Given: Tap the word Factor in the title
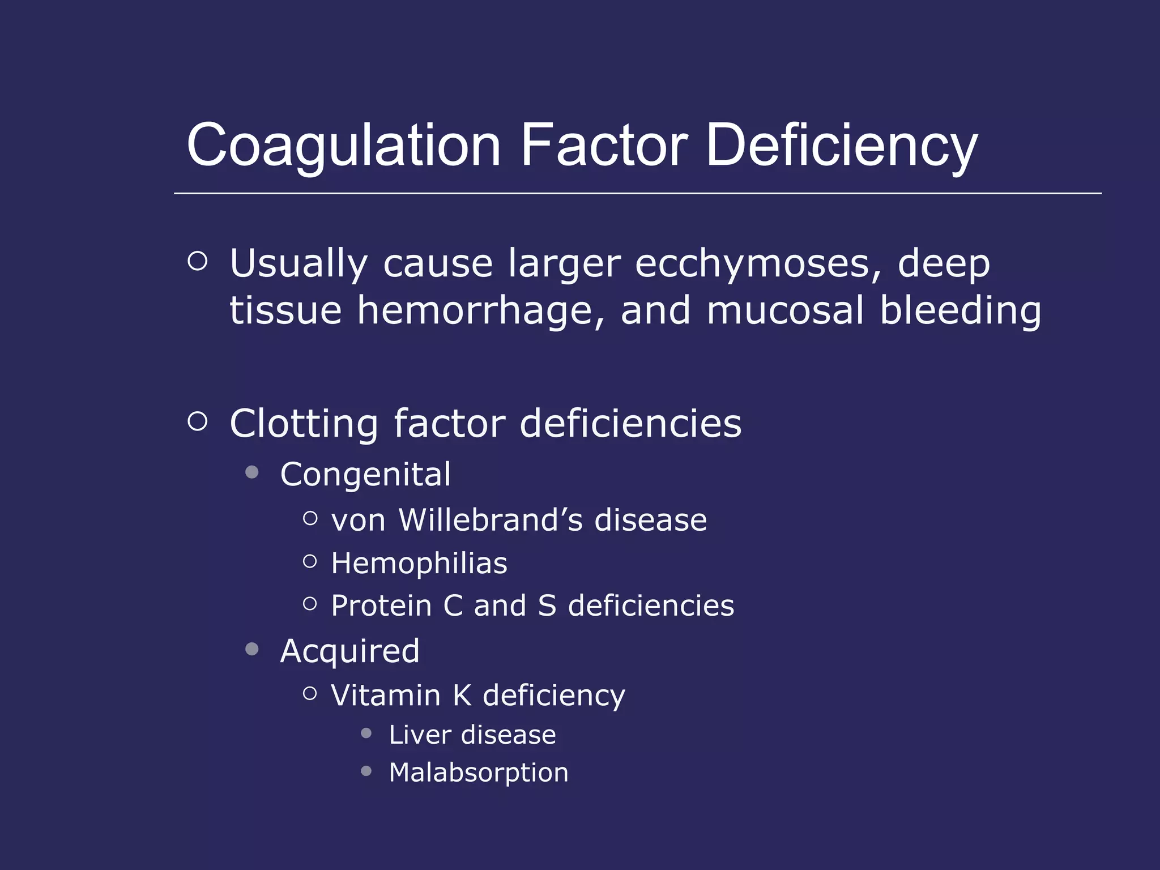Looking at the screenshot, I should pos(604,146).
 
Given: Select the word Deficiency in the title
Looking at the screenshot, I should pos(842,146).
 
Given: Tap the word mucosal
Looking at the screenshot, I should pos(785,310).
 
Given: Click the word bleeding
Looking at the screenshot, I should pos(960,310).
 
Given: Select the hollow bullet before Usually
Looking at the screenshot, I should pos(197,261).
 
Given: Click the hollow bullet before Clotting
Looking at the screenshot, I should pos(197,421).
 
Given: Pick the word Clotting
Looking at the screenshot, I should pos(304,424).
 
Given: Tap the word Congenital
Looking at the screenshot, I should pos(365,474).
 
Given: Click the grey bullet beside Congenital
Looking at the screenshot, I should pos(252,472).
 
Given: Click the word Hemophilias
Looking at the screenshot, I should pos(419,564).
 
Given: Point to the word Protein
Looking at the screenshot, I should pos(381,606).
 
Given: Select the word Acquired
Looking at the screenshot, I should pos(350,651).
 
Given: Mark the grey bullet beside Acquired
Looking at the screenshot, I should pos(252,649).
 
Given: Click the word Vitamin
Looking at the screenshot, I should pos(385,696).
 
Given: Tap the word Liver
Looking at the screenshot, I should pos(419,735).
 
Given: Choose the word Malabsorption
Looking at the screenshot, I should pos(479,773).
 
